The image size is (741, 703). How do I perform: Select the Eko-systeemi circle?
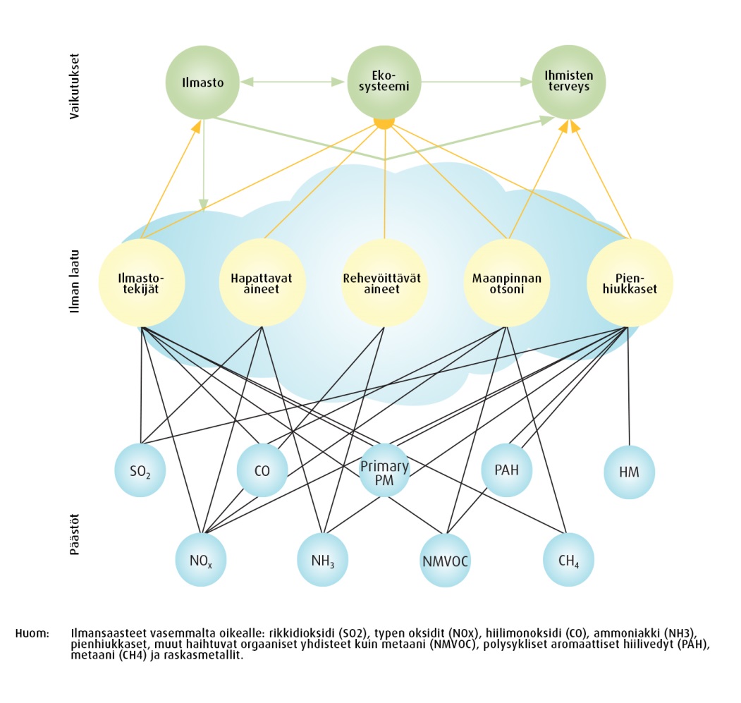click(385, 82)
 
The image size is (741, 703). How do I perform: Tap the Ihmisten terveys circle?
click(568, 82)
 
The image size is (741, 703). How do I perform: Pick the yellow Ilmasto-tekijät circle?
click(142, 283)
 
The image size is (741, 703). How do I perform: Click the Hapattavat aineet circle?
click(262, 283)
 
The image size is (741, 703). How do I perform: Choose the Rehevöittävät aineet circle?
click(385, 283)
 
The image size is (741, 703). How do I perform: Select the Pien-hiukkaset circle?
click(630, 283)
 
